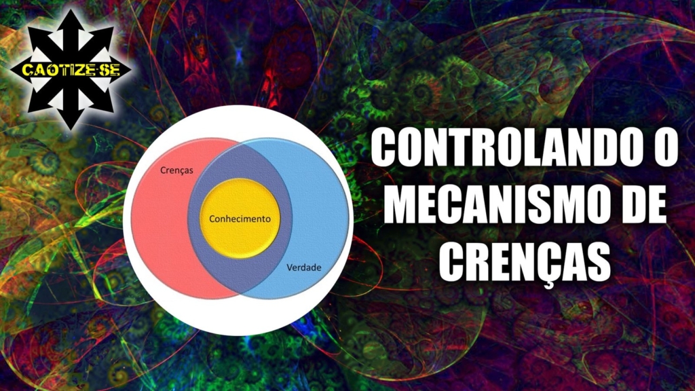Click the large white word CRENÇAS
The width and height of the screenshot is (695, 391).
coord(525,263)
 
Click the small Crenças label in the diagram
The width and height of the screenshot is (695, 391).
coord(176,170)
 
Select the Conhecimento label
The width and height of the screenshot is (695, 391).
coord(240,219)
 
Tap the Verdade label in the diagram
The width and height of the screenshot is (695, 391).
coord(303,267)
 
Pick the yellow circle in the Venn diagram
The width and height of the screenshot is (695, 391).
coord(240,219)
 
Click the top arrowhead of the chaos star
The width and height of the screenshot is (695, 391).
coord(71,20)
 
